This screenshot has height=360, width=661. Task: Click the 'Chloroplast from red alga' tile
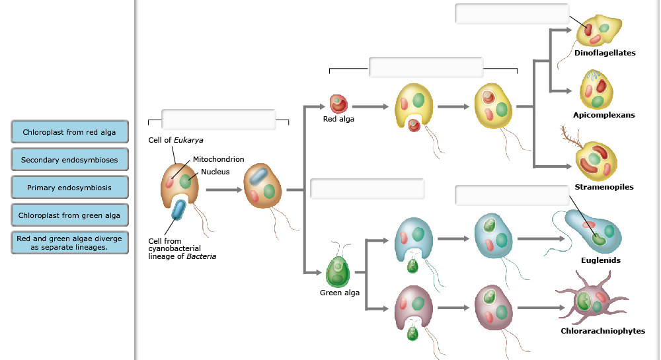69,132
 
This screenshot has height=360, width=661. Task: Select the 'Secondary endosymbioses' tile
69,160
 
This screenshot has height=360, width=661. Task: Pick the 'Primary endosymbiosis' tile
69,188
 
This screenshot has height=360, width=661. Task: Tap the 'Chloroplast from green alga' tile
69,215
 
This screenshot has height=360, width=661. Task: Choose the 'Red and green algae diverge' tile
69,242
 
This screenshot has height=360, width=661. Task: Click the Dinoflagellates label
605,53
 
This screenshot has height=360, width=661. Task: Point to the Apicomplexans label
603,115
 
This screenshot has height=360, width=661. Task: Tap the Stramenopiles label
604,187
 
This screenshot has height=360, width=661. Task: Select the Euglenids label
601,260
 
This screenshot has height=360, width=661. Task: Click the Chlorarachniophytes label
603,331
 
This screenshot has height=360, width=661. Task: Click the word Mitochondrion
218,159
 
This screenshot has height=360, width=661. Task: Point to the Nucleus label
215,172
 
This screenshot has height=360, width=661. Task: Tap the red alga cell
338,104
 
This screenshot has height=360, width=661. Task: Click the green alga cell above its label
338,271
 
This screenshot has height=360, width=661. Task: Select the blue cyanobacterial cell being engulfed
178,209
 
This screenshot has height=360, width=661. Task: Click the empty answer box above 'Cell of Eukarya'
218,120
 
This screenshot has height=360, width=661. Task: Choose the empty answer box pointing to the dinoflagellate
512,14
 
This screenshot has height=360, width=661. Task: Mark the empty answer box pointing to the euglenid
512,196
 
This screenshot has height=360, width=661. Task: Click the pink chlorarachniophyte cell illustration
592,300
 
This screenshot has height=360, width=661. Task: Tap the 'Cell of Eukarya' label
175,140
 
